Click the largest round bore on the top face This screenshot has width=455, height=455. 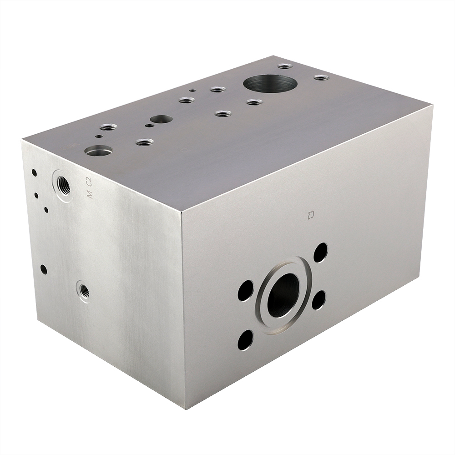pyautogui.click(x=270, y=83)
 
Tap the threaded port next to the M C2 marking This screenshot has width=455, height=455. pyautogui.click(x=63, y=184)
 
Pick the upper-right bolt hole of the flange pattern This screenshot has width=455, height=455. pyautogui.click(x=320, y=253)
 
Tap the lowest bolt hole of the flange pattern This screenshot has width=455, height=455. pyautogui.click(x=245, y=340)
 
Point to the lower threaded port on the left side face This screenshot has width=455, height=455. pyautogui.click(x=84, y=291)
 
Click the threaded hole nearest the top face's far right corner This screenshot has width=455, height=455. pyautogui.click(x=321, y=78)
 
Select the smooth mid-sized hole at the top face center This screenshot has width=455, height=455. pyautogui.click(x=161, y=119)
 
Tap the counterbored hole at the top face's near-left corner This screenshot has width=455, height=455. pyautogui.click(x=98, y=150)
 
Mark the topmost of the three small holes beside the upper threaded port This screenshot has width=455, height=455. pyautogui.click(x=34, y=172)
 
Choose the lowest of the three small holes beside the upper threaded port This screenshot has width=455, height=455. pyautogui.click(x=46, y=210)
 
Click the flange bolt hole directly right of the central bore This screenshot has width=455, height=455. pyautogui.click(x=318, y=299)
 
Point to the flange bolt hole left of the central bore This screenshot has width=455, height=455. pyautogui.click(x=245, y=290)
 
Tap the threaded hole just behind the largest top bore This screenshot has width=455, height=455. pyautogui.click(x=285, y=66)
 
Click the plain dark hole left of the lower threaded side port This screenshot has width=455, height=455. pyautogui.click(x=44, y=269)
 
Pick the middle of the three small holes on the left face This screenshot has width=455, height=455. pyautogui.click(x=36, y=195)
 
